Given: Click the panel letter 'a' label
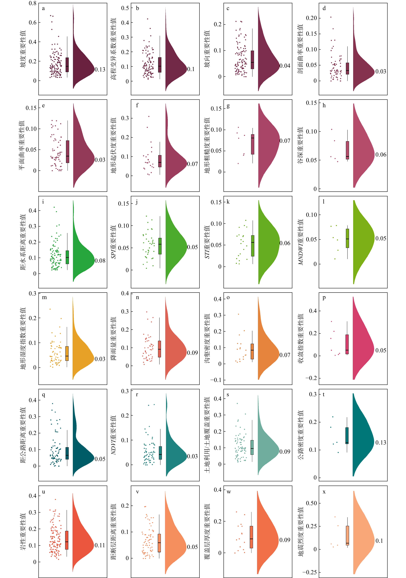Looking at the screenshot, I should pyautogui.click(x=43, y=8).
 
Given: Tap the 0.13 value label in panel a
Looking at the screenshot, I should pyautogui.click(x=100, y=70).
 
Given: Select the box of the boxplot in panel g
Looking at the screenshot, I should pyautogui.click(x=252, y=144).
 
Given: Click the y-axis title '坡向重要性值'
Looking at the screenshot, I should pyautogui.click(x=207, y=49).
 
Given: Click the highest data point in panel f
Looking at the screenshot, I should pyautogui.click(x=149, y=116).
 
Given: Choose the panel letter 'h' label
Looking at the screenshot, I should pyautogui.click(x=324, y=105).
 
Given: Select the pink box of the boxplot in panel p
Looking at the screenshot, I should pyautogui.click(x=347, y=344).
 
